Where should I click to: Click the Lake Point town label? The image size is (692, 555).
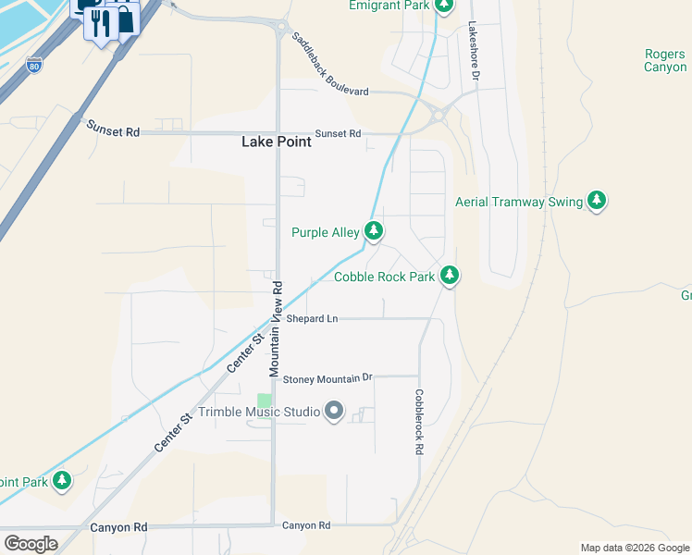coord(276,142)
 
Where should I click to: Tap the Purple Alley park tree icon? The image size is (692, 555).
coord(373,230)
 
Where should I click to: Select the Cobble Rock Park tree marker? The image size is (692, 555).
coord(449,275)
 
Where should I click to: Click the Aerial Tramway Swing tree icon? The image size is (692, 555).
coord(597,201)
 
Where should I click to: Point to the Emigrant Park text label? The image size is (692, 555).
coord(389,6)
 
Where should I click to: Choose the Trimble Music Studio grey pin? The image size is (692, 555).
coord(334,411)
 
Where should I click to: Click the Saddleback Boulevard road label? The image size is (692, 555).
coord(329,64)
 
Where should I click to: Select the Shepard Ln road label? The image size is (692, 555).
coord(312,319)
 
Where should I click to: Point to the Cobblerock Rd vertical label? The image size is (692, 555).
coord(419,421)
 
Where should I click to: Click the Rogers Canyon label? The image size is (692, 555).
coord(665,60)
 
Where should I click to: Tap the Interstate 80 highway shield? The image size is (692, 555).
coord(33,66)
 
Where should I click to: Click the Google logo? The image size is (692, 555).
coord(31,544)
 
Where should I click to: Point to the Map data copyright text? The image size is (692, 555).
coord(635,548)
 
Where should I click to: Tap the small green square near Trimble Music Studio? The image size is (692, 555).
coord(265,401)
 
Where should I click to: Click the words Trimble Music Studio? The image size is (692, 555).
coord(258,412)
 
